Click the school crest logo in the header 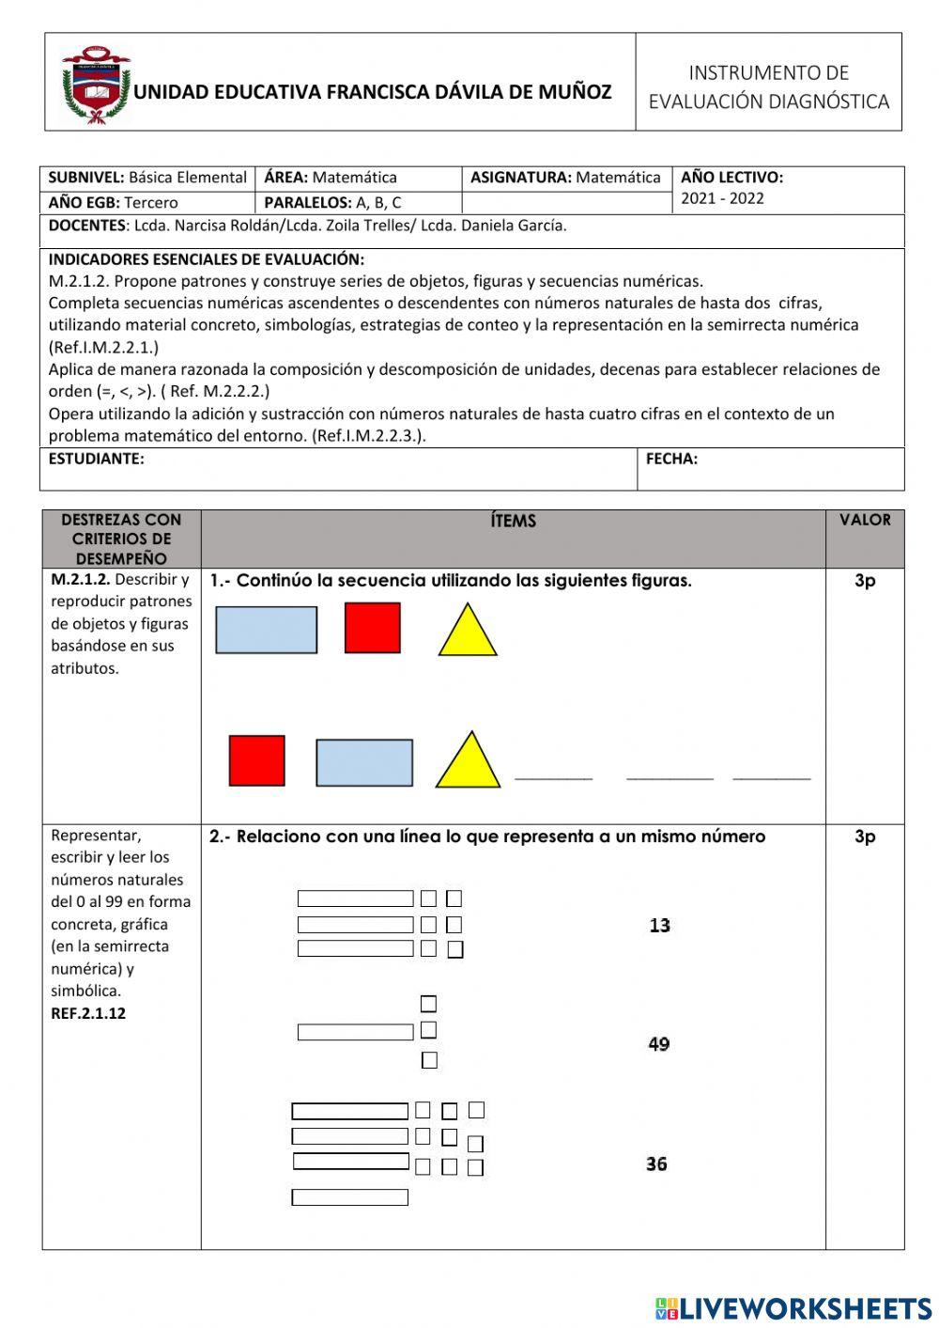[x=95, y=86]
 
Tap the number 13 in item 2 [x=659, y=926]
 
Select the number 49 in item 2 [x=658, y=1044]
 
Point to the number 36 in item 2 [x=656, y=1164]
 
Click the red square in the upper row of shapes [x=372, y=628]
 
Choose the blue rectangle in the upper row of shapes [x=266, y=630]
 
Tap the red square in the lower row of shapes [x=256, y=760]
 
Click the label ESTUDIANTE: [x=96, y=460]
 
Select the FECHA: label [x=671, y=460]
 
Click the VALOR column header [x=865, y=520]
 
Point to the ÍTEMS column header [x=513, y=522]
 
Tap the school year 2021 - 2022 [x=722, y=198]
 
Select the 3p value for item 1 [x=864, y=581]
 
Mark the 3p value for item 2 [x=864, y=836]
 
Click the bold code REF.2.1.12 [x=88, y=1013]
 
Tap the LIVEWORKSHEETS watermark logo [x=793, y=1307]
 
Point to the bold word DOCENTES [x=86, y=226]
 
